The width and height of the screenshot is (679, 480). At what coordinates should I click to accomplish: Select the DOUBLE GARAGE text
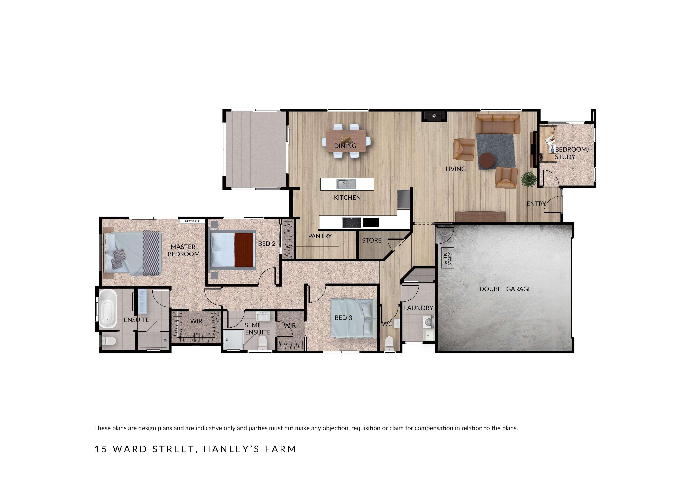[505, 289]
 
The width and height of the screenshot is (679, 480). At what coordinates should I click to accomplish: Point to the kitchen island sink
[346, 184]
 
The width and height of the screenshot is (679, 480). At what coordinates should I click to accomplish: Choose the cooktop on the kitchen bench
[352, 222]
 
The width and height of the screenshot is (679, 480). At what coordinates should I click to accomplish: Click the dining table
[346, 141]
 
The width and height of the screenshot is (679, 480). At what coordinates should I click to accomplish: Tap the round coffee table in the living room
[487, 161]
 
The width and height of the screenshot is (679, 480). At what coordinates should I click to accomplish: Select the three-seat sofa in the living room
[498, 124]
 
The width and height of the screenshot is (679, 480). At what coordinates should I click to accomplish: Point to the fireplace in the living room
[434, 116]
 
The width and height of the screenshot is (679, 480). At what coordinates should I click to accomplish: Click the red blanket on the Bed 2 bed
[245, 250]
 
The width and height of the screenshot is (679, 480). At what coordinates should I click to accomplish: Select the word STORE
[372, 241]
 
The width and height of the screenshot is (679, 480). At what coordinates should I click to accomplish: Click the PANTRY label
[320, 236]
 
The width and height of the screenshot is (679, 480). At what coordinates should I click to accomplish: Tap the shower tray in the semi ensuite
[233, 339]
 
